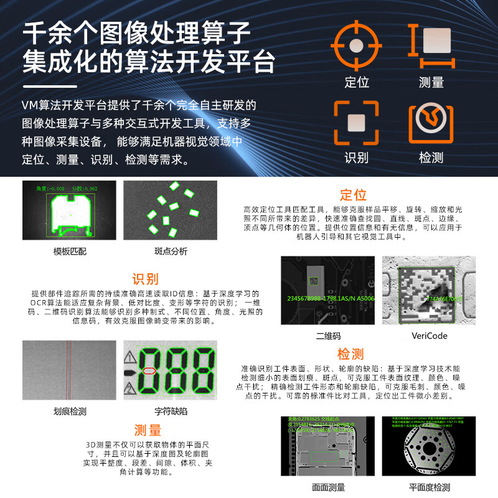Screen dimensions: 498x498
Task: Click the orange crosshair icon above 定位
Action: (x=356, y=45)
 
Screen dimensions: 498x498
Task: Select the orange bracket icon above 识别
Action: (x=356, y=123)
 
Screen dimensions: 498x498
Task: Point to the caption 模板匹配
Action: (x=70, y=251)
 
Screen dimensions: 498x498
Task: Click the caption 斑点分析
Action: (x=170, y=251)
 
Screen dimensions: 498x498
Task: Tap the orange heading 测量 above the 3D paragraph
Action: (x=148, y=430)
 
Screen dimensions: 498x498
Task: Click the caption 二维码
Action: (x=328, y=336)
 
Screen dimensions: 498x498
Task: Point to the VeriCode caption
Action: (x=429, y=336)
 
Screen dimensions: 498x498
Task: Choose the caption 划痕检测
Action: (x=70, y=411)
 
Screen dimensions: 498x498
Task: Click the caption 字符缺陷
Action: (x=170, y=411)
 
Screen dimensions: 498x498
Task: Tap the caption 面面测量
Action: (x=328, y=487)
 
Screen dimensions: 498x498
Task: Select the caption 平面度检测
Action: (x=429, y=487)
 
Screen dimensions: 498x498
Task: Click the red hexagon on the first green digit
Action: (x=149, y=371)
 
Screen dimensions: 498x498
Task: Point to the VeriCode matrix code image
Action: (x=428, y=291)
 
